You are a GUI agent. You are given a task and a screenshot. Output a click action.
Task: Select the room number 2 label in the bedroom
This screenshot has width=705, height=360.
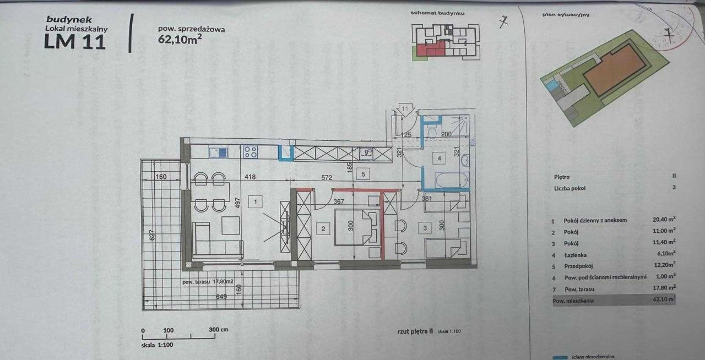coord(324,228)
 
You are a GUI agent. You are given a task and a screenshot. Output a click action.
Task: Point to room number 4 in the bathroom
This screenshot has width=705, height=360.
coord(440,159)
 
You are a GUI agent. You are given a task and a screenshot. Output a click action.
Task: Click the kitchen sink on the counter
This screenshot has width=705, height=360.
coord(218,152)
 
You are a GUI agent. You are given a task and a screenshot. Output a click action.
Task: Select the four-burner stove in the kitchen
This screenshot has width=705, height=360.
coord(251,152)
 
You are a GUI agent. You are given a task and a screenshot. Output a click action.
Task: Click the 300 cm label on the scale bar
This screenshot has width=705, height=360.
coord(219,330)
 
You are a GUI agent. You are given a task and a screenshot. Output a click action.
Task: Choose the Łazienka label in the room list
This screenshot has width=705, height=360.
coord(575,255)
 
